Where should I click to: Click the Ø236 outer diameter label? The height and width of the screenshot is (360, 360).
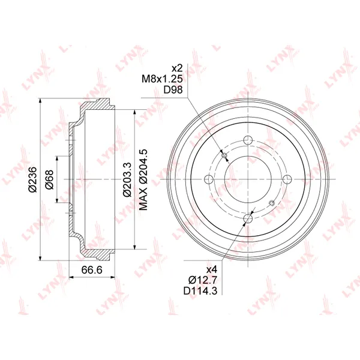pos(32,179)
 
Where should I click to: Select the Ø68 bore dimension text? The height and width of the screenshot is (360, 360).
pos(49,179)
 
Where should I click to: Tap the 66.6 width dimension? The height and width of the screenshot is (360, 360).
pos(92,270)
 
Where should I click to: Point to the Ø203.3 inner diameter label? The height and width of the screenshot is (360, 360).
pos(127,179)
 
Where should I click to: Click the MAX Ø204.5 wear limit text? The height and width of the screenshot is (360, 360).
pos(143,179)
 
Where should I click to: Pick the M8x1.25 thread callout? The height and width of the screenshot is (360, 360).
pos(162,79)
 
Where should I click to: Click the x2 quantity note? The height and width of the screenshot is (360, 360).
pos(177,68)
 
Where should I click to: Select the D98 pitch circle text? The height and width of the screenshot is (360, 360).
pos(173,89)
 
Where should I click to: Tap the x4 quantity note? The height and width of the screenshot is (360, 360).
pos(211,269)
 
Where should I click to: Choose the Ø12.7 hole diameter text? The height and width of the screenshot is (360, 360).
pos(203,280)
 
